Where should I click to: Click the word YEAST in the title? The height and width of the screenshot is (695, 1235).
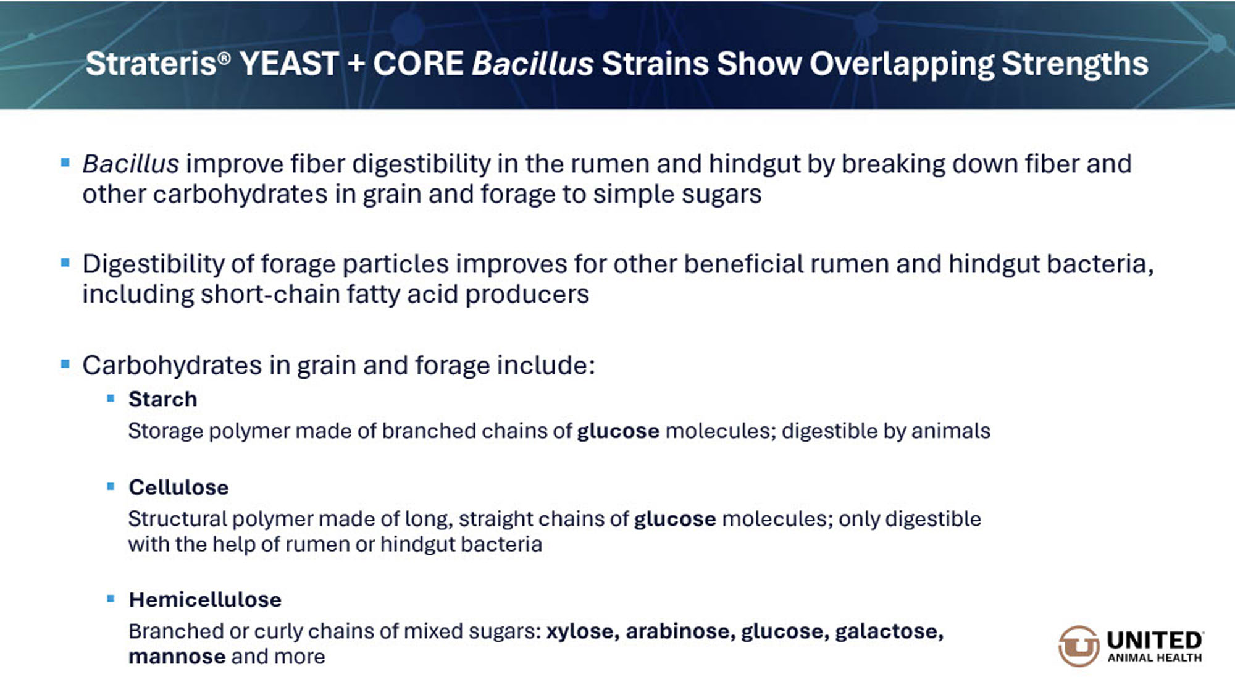click(289, 64)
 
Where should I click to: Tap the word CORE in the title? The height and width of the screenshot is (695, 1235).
click(418, 64)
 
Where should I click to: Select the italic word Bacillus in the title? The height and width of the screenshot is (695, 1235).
click(533, 64)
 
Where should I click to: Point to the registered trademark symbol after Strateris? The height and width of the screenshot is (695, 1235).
click(224, 58)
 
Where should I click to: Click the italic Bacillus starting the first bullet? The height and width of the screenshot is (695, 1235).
click(131, 164)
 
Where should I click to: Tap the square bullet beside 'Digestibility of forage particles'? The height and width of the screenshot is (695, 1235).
click(65, 263)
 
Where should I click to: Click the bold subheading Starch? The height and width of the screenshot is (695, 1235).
click(163, 400)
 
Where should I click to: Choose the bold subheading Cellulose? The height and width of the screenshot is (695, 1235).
click(178, 487)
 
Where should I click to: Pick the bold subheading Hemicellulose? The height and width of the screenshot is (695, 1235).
click(205, 600)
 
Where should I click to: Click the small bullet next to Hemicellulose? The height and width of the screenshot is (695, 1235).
click(111, 599)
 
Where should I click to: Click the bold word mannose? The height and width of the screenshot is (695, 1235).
click(177, 657)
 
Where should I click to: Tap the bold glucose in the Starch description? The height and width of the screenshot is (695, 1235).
click(618, 431)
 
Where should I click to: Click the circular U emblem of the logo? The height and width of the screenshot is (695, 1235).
click(1079, 646)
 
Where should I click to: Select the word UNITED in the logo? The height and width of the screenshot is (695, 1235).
click(1155, 640)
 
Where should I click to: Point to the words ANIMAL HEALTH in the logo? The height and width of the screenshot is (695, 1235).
click(1155, 658)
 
